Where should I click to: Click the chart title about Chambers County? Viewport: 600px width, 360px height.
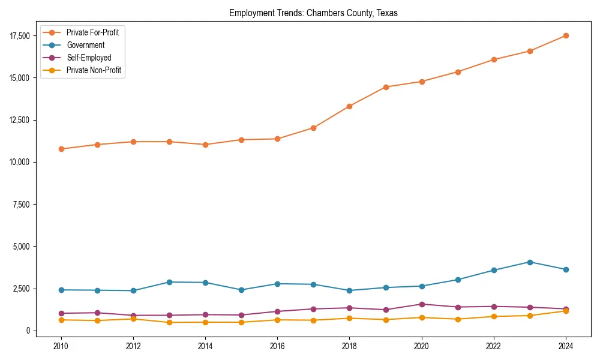[313, 13]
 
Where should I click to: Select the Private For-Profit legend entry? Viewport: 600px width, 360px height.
[92, 32]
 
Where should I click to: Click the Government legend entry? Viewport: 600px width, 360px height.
[85, 45]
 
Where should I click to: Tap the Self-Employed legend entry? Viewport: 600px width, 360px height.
[89, 58]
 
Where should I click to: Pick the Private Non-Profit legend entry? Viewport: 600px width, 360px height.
[94, 70]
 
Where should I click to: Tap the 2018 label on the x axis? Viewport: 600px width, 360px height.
[349, 346]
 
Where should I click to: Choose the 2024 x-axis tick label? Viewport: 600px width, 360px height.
[565, 346]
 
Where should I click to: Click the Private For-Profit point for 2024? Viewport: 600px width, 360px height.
[565, 36]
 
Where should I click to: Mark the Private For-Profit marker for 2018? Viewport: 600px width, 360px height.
[349, 106]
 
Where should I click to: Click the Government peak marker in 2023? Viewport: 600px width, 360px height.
[529, 262]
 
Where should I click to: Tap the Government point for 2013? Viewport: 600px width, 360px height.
[169, 282]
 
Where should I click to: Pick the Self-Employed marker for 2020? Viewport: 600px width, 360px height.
[421, 304]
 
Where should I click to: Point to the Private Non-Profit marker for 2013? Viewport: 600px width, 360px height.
[169, 322]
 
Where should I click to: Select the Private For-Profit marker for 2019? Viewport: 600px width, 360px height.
[385, 87]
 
